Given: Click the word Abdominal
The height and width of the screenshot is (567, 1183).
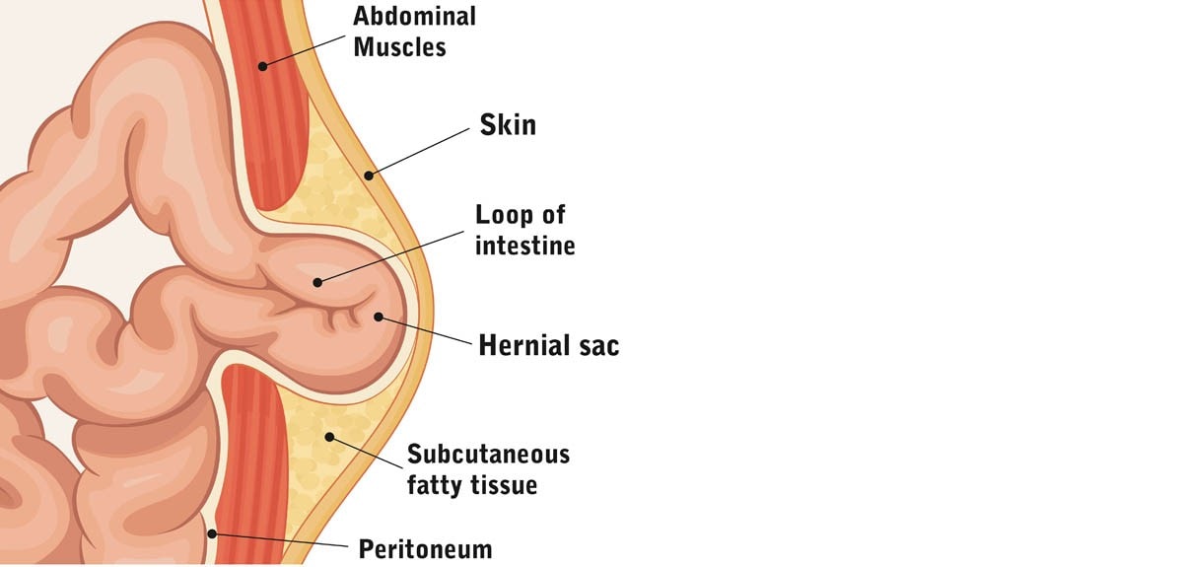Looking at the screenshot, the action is point(415,16).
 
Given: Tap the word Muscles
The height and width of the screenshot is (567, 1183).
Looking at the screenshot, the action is point(400,47).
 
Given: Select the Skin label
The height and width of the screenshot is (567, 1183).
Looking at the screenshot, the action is point(508,125).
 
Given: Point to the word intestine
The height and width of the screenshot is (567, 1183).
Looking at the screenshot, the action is point(524,246).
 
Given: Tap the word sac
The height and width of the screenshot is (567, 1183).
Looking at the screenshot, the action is point(599,347).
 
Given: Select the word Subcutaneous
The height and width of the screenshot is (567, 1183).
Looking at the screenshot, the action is point(489,455).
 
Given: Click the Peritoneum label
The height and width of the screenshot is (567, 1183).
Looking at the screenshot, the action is point(425,549).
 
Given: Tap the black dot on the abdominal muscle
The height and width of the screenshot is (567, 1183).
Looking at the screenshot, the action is point(262,66).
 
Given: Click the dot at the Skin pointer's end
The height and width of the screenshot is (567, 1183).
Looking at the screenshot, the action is point(369,176).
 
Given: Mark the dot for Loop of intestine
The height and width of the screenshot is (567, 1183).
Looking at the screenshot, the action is point(317,283).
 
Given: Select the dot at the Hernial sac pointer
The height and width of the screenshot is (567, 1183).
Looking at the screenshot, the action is point(379,317).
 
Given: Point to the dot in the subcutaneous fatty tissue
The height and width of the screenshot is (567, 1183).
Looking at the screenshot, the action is point(329,437).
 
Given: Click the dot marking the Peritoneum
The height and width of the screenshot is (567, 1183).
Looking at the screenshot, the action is point(212,533).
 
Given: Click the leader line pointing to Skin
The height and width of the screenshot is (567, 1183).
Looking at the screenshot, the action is point(419,152).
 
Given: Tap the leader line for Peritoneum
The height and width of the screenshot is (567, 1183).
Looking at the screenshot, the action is point(280,540).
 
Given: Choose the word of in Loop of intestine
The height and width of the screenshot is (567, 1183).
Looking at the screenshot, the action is point(552,216).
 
